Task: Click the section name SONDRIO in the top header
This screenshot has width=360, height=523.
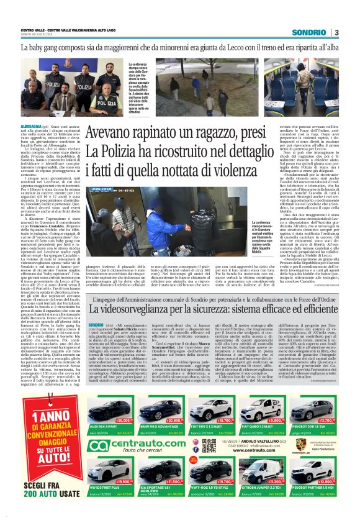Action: tap(309, 32)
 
